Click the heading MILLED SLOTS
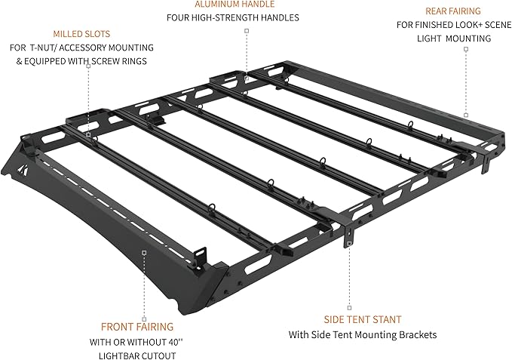click(81, 34)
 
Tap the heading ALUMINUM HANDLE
click(235, 5)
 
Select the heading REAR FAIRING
click(453, 11)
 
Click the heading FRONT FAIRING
click(137, 327)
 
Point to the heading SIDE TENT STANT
click(363, 319)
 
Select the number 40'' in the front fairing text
click(176, 343)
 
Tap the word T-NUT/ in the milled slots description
click(42, 48)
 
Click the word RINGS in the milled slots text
click(135, 61)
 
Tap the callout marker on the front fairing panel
click(144, 252)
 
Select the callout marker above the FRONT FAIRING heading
click(144, 319)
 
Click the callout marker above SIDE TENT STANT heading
click(349, 308)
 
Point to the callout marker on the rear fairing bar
click(466, 115)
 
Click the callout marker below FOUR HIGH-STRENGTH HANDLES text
click(247, 31)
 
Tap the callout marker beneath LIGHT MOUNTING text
click(466, 49)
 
